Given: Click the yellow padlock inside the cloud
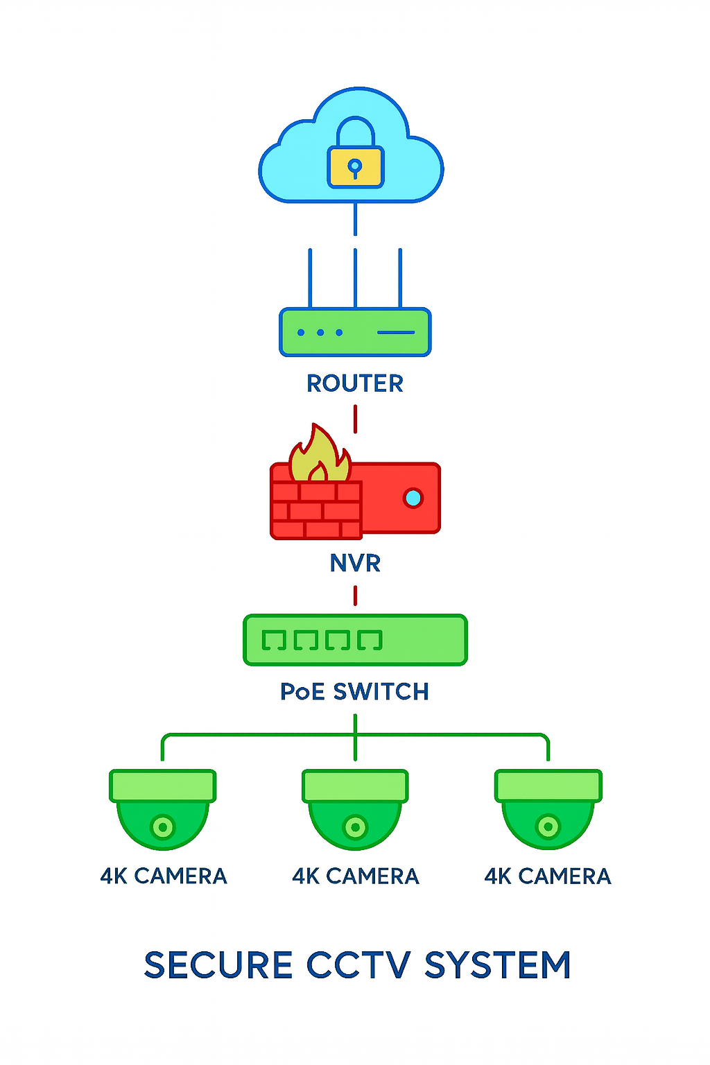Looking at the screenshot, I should (356, 166).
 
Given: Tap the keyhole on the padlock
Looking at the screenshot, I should (355, 166).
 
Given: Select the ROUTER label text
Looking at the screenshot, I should (355, 383).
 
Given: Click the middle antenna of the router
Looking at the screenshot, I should (355, 277).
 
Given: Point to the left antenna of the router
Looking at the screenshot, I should (310, 277).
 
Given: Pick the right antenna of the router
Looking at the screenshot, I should (400, 277).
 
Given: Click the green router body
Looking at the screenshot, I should (355, 333).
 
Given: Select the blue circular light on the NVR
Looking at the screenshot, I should (413, 498).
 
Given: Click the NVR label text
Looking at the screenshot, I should (355, 563).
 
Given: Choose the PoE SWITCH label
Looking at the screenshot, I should (354, 692).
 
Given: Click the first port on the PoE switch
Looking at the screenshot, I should (274, 640).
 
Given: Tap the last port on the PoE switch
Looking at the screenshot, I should (370, 640).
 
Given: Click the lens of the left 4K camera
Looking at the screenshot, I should (163, 827).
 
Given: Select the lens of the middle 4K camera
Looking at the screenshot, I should (355, 827).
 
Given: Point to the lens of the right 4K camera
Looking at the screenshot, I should (548, 827).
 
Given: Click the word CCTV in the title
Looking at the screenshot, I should (358, 965).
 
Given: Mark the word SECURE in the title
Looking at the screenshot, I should (218, 965).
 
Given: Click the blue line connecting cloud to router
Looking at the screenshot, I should (355, 219).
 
